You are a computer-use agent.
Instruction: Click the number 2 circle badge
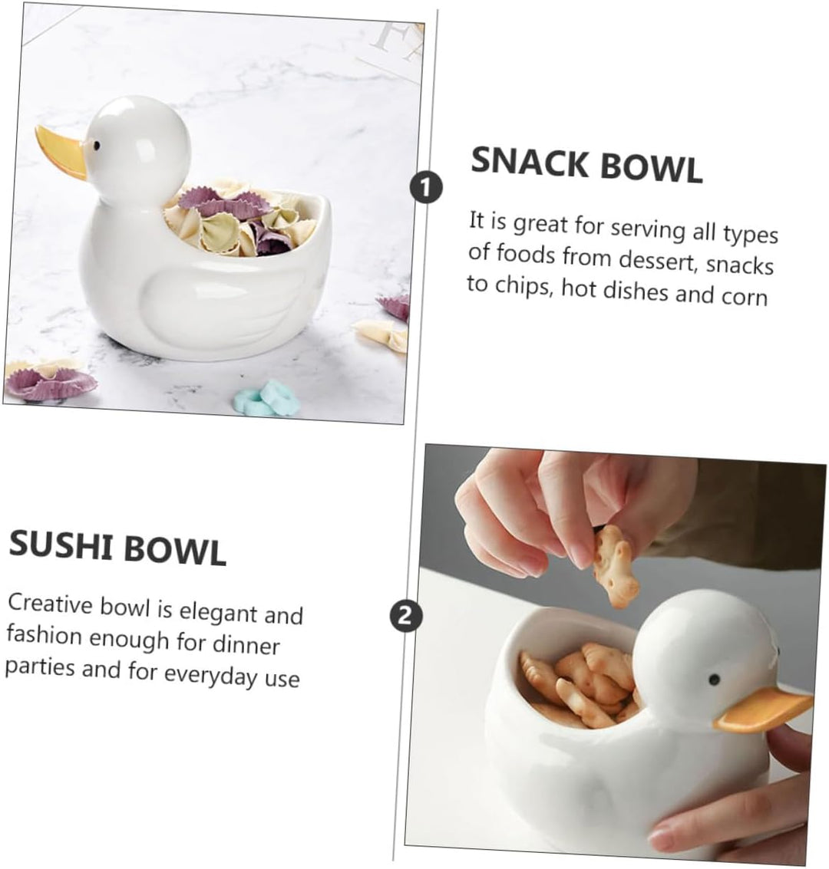pyautogui.click(x=407, y=615)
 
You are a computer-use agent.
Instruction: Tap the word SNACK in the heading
pyautogui.click(x=527, y=163)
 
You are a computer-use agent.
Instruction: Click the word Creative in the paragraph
pyautogui.click(x=51, y=604)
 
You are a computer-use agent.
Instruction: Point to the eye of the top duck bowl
pyautogui.click(x=97, y=144)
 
